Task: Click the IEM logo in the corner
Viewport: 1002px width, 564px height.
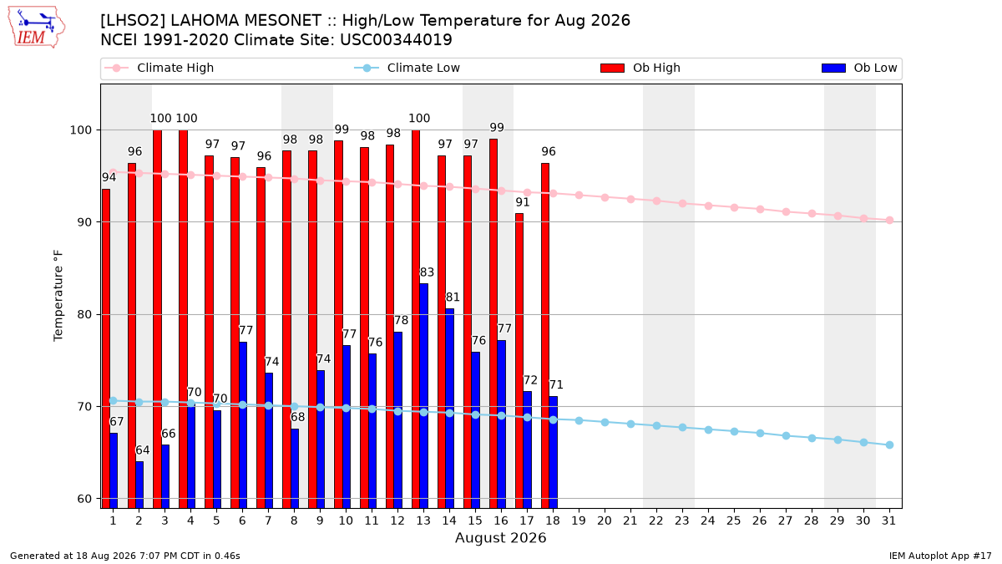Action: [x=37, y=28]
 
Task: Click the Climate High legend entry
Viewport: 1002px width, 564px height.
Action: [x=159, y=68]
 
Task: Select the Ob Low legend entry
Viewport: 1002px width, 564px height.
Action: [x=859, y=68]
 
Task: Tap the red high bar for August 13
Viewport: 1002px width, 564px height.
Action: [x=416, y=319]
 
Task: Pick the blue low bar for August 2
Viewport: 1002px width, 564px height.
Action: [x=139, y=485]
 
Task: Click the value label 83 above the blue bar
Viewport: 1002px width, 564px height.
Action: [x=427, y=272]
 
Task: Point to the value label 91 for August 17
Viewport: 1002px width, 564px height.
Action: [x=523, y=202]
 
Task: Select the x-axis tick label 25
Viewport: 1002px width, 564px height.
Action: [x=734, y=521]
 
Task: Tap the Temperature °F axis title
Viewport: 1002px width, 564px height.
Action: [x=58, y=296]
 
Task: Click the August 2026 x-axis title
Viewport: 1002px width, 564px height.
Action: [x=500, y=537]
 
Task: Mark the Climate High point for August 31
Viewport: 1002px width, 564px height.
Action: [x=889, y=221]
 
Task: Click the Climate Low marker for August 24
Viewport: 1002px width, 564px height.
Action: [x=708, y=429]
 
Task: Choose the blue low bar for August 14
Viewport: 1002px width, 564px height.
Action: [x=449, y=409]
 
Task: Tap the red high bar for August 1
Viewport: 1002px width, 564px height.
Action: [x=105, y=348]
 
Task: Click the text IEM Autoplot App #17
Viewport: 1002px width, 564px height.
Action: [x=940, y=556]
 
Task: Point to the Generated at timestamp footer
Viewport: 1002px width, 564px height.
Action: [x=124, y=556]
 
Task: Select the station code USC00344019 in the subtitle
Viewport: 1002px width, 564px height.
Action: [x=396, y=40]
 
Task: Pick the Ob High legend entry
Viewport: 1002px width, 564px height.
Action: [x=640, y=68]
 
